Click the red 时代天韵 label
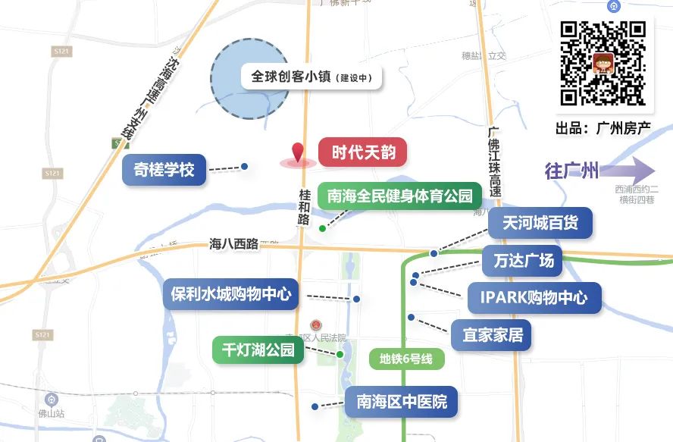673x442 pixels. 363,152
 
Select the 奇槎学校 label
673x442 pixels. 164,170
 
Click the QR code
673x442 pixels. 603,63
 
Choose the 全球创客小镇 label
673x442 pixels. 311,77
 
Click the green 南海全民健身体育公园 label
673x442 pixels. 399,197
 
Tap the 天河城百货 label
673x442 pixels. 540,223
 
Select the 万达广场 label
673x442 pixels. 523,262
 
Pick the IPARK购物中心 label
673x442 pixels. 534,297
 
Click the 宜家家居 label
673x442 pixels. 492,334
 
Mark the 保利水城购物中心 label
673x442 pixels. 231,294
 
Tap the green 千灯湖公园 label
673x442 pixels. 258,350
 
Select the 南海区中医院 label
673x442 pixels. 402,401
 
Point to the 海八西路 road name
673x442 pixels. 233,244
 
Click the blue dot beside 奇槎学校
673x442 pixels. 244,166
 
